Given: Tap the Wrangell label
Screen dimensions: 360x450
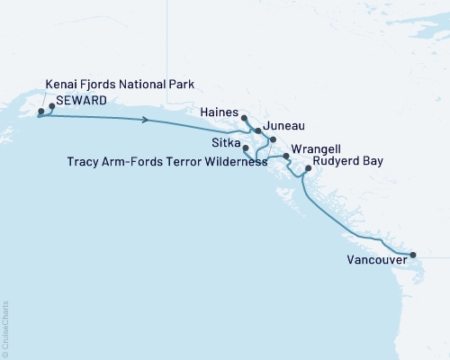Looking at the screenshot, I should pos(317,146).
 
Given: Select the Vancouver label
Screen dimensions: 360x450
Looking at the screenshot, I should pos(375,262).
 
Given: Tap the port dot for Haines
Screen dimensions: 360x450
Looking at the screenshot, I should pos(245,118).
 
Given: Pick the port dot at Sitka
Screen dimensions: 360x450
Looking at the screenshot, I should pos(246,148).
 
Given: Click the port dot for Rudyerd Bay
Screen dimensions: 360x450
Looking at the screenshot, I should pos(308,168).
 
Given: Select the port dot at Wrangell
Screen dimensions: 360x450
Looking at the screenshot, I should pos(286,157).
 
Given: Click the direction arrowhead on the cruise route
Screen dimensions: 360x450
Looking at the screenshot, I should pos(145,121).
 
